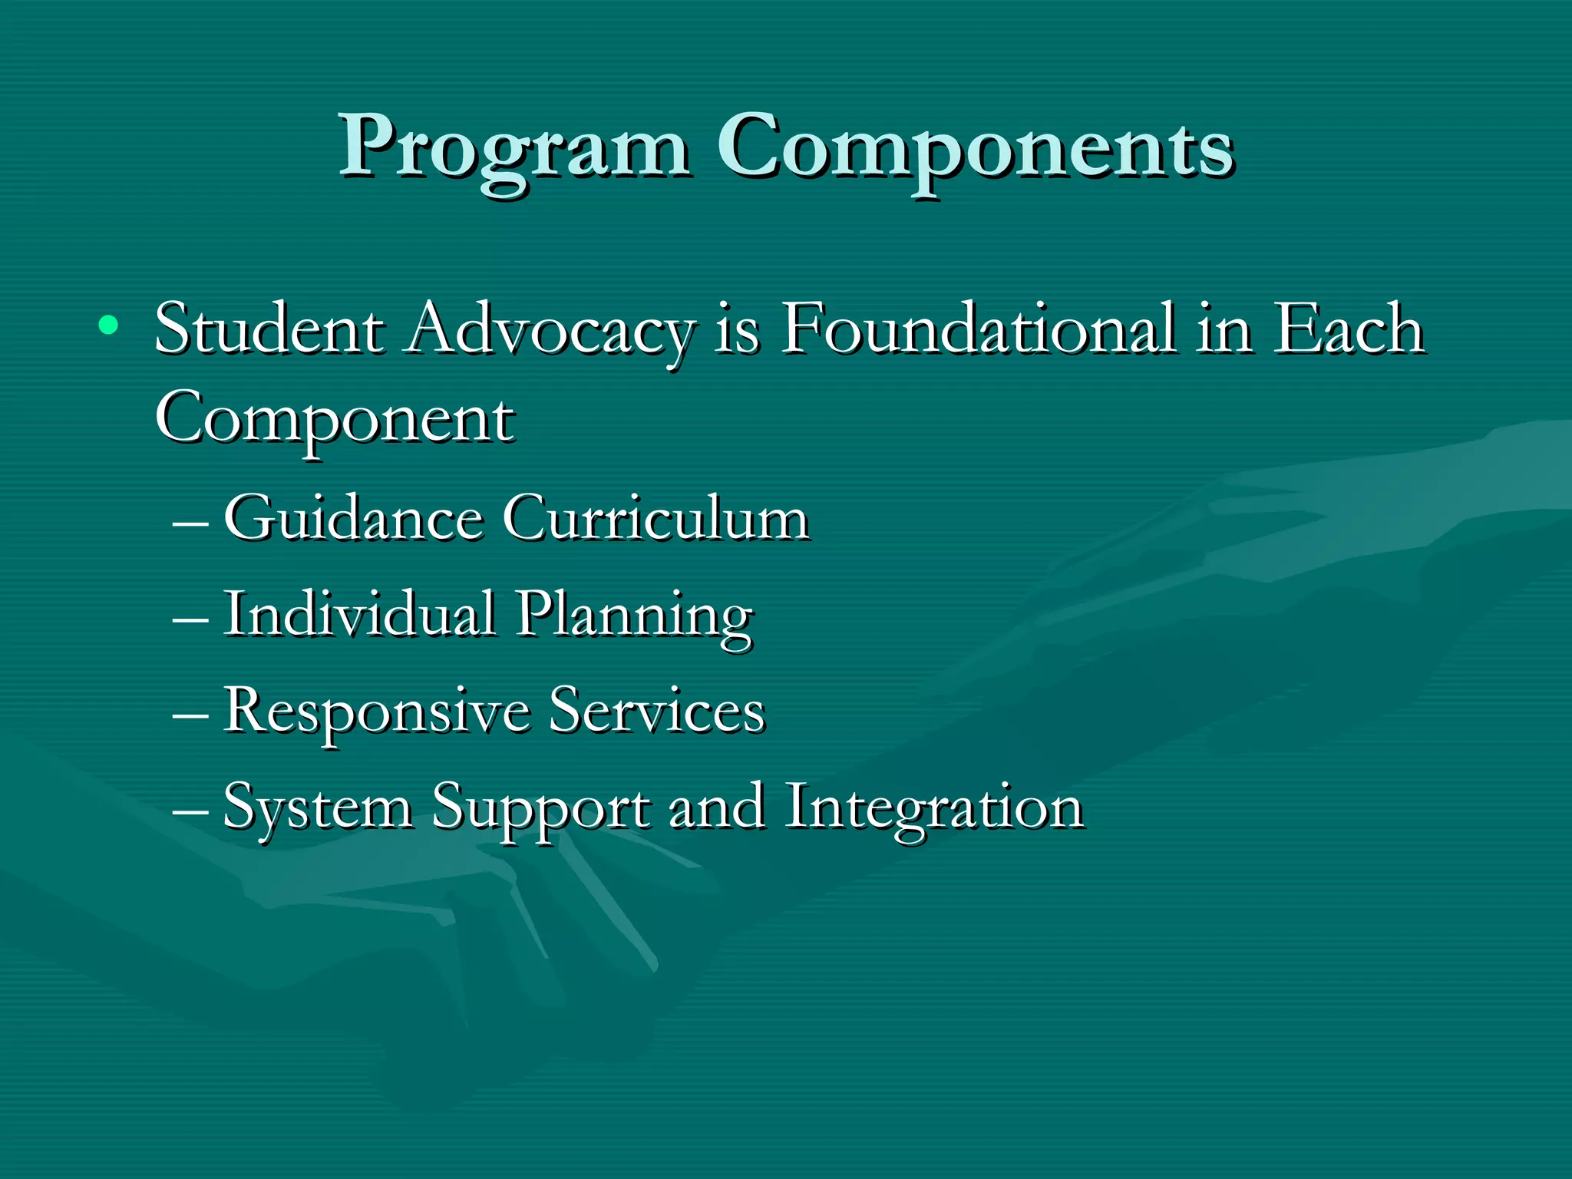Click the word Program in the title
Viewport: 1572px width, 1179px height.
click(514, 147)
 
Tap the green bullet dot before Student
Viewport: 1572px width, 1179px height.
click(108, 326)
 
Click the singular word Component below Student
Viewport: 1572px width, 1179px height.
click(335, 421)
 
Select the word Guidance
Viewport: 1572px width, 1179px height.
click(353, 518)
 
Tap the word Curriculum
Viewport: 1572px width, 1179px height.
click(656, 518)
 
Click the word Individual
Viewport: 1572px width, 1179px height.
click(359, 613)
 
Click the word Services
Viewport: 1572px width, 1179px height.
click(657, 710)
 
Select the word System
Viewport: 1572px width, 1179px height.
click(318, 807)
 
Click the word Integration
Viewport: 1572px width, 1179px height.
click(933, 807)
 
